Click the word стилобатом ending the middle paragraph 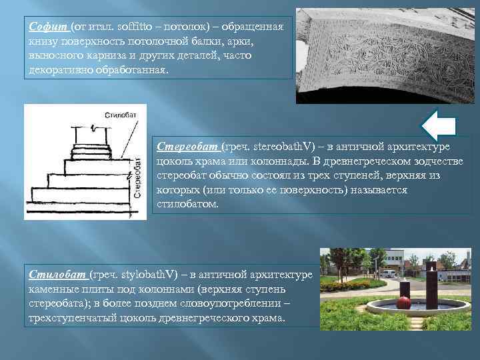(187, 205)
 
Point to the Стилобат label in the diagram (117, 115)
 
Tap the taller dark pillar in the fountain (431, 287)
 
